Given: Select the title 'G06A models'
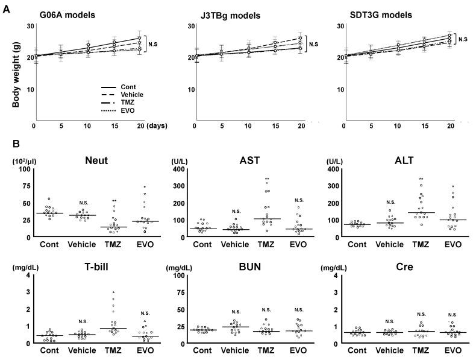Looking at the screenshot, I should [x=67, y=14].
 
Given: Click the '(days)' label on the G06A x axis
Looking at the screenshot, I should [x=157, y=125].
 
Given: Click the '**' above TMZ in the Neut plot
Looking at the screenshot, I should [x=114, y=200].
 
